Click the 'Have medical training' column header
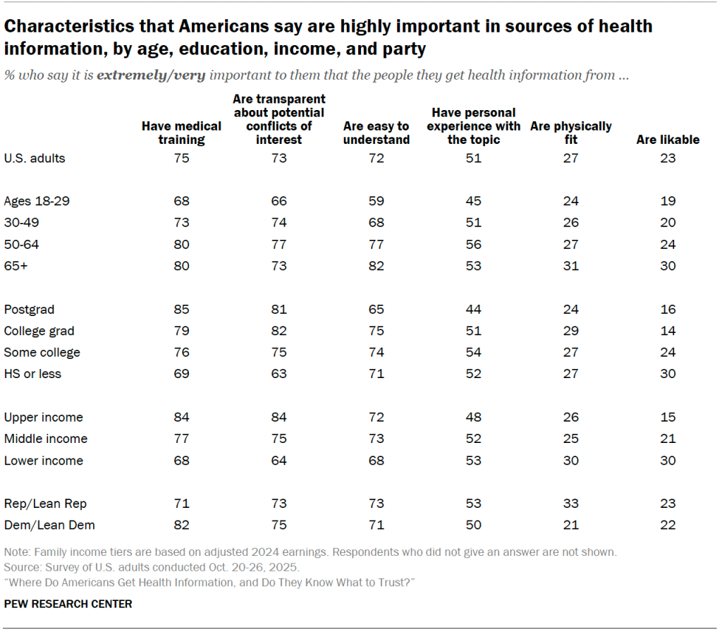click(181, 133)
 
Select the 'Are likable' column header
click(668, 140)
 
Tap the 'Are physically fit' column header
click(570, 133)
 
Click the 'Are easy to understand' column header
click(376, 133)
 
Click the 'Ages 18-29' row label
click(37, 201)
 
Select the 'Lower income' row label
click(44, 461)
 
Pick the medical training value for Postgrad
click(181, 309)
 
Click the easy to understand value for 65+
click(376, 266)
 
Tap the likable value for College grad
click(668, 331)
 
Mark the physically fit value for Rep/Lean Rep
click(570, 504)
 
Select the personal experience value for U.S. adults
click(473, 158)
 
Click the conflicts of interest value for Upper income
click(279, 418)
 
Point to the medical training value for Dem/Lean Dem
click(181, 525)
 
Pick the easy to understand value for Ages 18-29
click(376, 201)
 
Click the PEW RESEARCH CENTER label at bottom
click(68, 604)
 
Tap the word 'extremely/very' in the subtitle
click(151, 75)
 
